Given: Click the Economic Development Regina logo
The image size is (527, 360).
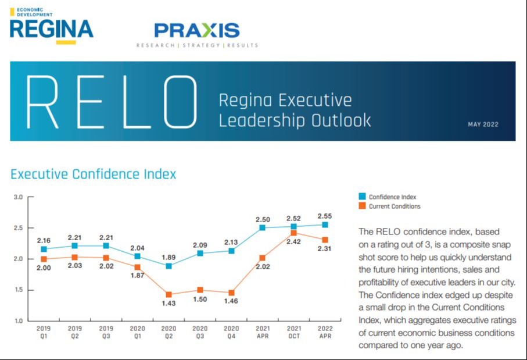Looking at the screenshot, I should [51, 26].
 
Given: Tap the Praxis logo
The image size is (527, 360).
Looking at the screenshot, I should [197, 34].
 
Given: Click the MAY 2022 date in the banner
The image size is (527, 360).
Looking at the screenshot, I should [483, 124].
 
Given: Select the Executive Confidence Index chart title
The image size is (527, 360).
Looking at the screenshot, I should [93, 174].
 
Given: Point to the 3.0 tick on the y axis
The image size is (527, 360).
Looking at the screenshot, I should [18, 197].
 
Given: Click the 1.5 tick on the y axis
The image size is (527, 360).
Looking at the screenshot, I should [18, 290].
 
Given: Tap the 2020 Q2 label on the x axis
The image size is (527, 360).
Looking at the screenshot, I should [169, 332].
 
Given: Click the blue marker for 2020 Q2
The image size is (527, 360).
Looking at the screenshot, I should [169, 266].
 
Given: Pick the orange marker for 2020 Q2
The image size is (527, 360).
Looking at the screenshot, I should [169, 294].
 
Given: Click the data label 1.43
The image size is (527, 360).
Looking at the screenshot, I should [169, 304].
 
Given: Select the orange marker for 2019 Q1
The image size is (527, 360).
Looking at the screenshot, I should [44, 259].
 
